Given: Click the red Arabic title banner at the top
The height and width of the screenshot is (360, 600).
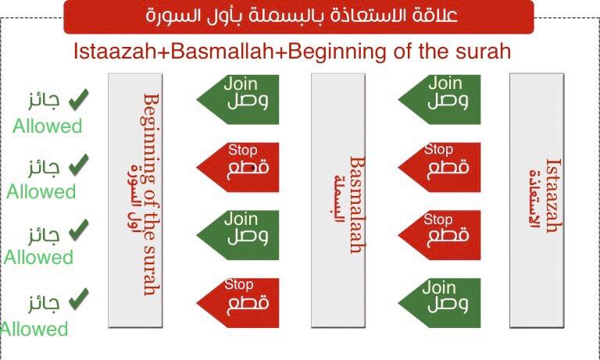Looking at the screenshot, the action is pos(298,16).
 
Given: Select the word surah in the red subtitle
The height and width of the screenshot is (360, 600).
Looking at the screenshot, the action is pos(484,52).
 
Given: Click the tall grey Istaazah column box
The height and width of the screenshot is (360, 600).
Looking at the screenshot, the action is pos(537,201).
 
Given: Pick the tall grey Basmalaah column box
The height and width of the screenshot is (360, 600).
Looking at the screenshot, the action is pos(338,201).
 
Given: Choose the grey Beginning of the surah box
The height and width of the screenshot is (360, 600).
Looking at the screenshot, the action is pos(135,201).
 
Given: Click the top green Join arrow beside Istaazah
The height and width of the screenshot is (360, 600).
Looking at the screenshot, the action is pos(439,99).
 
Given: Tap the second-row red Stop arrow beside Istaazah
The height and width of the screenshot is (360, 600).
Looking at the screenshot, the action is pos(439,167).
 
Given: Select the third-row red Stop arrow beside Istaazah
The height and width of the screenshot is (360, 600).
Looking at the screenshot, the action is pos(439,235).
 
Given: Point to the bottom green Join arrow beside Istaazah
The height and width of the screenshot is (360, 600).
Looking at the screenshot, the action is pos(439,303).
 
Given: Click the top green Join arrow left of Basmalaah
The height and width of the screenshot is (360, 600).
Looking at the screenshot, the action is pos(237,99).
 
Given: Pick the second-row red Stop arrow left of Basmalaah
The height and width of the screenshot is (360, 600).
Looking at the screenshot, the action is pos(237,167).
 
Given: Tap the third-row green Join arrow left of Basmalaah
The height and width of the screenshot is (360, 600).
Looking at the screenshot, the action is pos(237,235).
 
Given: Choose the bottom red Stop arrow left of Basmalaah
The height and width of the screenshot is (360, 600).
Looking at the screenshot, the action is pos(237,303).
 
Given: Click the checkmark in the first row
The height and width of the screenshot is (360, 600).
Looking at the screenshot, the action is pos(79,99).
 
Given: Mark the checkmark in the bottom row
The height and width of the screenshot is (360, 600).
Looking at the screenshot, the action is pos(79,299).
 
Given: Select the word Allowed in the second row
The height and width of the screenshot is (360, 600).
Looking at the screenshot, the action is pos(41,191).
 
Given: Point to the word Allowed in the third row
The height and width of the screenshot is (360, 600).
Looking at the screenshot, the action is pos(38,257).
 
